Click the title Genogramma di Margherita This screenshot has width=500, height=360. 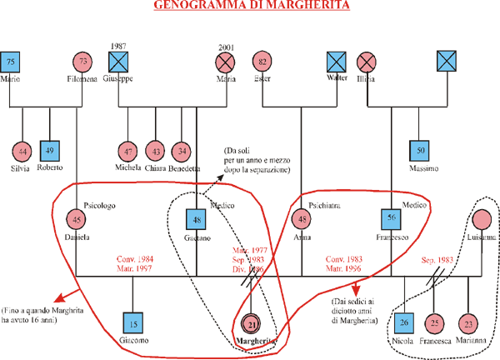point(251,7)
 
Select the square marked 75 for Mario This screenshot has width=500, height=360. point(11,62)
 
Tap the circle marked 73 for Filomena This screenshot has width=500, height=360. point(82,62)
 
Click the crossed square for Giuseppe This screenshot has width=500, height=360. point(118,62)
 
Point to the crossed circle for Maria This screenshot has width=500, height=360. point(225,62)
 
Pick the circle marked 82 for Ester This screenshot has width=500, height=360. point(263,62)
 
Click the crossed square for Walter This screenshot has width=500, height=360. point(336,62)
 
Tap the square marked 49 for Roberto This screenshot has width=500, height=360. point(52,151)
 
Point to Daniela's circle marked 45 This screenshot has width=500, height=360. point(77,219)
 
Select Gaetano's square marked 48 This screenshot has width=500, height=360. point(196,220)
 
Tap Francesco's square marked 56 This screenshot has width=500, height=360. point(392,220)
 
